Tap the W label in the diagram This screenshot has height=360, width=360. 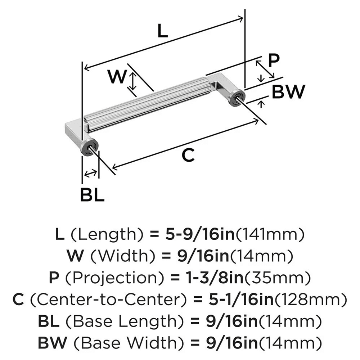(117, 76)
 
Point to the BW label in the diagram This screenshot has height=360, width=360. (288, 93)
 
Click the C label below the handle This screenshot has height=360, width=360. (188, 155)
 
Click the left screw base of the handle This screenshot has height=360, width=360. (88, 147)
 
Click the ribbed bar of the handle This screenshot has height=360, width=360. (148, 104)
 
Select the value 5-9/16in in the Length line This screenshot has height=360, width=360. (199, 235)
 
